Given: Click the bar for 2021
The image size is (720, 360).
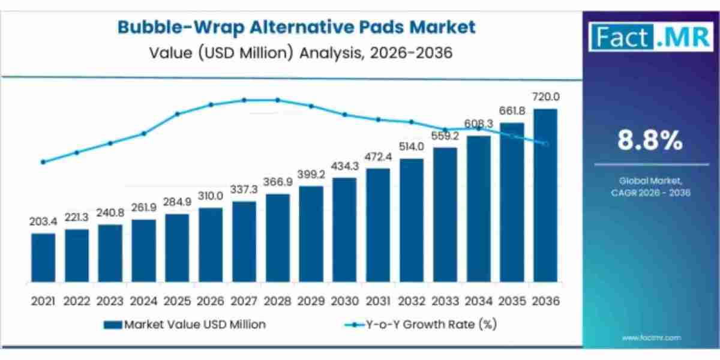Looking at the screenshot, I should coord(43,258).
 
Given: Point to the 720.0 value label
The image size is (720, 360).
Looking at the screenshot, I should coord(545,97).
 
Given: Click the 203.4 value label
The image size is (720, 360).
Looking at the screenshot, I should coord(43,223).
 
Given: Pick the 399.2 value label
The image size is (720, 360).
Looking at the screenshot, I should coord(311,175).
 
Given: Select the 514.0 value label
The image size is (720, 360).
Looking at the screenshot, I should coord(412,147).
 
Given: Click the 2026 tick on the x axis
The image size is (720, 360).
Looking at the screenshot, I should coord(211,300).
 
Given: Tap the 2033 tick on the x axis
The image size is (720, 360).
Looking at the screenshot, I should coord(445,300).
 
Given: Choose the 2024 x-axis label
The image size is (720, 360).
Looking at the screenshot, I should coord(143,300).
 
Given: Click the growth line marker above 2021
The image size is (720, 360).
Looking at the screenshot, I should coord(43,162).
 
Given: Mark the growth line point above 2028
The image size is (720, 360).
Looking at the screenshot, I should coord(278,100).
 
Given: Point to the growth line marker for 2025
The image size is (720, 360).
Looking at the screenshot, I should coord(177,114).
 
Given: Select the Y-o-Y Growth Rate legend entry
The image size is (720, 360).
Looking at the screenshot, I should coord(420,325).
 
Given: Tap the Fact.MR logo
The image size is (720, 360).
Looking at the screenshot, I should coord(651,37).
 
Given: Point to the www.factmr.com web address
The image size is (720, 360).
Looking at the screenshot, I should coord(651,338).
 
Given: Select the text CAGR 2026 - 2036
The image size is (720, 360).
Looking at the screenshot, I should coord(650,193).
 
